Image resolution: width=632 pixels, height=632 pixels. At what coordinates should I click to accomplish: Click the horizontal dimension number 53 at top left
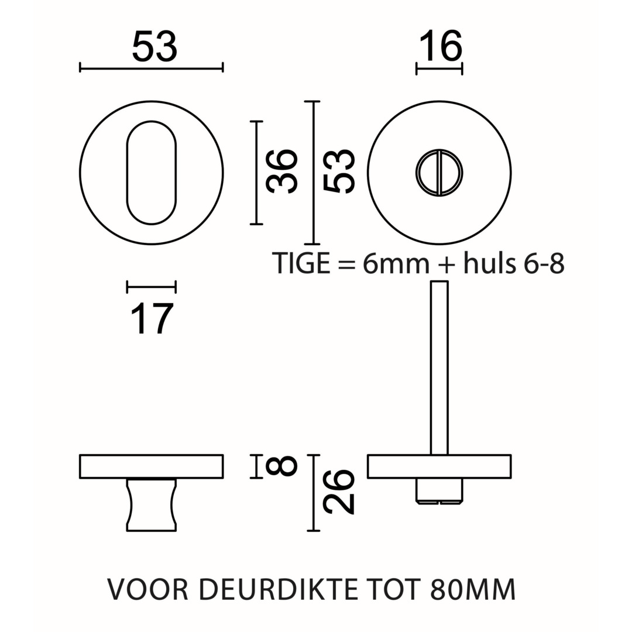pyautogui.click(x=154, y=47)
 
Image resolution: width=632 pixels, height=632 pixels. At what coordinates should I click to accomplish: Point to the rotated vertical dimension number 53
pyautogui.click(x=340, y=171)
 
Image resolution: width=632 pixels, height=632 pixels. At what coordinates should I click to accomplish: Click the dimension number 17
pyautogui.click(x=152, y=319)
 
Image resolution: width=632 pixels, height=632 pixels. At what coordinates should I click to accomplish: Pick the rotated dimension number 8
pyautogui.click(x=282, y=466)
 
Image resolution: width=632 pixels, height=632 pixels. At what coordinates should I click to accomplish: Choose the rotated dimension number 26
pyautogui.click(x=339, y=492)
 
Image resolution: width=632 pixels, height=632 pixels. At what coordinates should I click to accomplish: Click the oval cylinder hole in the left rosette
pyautogui.click(x=151, y=173)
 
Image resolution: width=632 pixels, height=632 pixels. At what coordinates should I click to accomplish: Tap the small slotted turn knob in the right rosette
pyautogui.click(x=439, y=173)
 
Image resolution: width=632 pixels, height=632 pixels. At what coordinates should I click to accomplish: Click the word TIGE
pyautogui.click(x=301, y=264)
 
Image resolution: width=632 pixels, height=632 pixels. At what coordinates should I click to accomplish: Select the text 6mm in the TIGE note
pyautogui.click(x=396, y=264)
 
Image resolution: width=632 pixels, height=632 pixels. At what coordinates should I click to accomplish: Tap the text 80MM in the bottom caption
pyautogui.click(x=473, y=590)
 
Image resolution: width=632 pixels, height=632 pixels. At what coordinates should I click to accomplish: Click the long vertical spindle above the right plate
pyautogui.click(x=439, y=367)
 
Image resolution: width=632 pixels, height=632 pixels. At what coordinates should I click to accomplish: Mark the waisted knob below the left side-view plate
pyautogui.click(x=151, y=505)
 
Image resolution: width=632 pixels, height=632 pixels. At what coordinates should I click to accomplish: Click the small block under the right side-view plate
pyautogui.click(x=439, y=490)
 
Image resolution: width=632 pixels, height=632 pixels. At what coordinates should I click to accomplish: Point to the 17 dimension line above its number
pyautogui.click(x=151, y=287)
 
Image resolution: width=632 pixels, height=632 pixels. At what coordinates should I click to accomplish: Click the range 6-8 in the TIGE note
pyautogui.click(x=544, y=264)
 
